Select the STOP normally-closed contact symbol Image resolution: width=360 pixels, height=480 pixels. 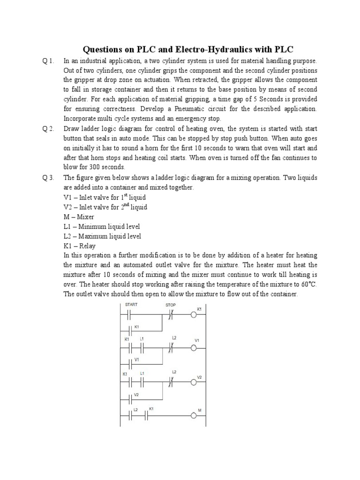tap(171, 315)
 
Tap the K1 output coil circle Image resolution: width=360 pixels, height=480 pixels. tap(193, 315)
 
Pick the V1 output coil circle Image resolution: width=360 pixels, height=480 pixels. tap(193, 348)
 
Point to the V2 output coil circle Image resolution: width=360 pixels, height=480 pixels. tap(193, 382)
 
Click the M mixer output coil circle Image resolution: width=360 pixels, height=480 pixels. tap(193, 416)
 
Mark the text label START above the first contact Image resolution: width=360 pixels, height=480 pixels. tap(132, 304)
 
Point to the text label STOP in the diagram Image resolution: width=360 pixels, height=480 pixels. tap(171, 304)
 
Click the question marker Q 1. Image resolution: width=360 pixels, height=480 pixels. tap(48, 61)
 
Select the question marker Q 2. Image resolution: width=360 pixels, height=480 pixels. tap(48, 129)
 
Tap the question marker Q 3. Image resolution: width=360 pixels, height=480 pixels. tap(48, 178)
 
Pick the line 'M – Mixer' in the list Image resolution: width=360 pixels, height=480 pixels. tap(79, 217)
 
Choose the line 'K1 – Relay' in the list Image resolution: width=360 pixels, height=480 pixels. tap(80, 246)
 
